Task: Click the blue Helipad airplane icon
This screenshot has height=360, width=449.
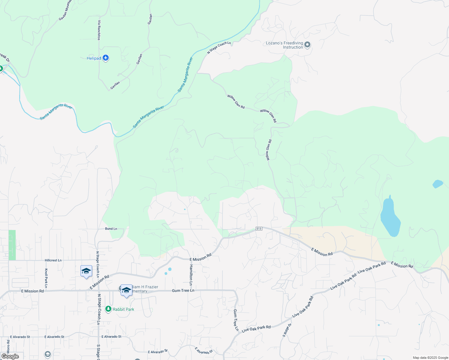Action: click(105, 58)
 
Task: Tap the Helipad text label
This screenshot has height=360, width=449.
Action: click(94, 58)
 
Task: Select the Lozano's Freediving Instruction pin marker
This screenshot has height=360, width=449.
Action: click(307, 45)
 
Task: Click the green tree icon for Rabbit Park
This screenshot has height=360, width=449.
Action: click(108, 309)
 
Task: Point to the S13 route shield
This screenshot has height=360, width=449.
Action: click(259, 229)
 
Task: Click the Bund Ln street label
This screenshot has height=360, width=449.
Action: click(111, 229)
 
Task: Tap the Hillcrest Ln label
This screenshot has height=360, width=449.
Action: click(53, 260)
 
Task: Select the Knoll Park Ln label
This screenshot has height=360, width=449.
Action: click(46, 278)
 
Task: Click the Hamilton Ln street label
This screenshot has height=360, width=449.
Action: click(191, 274)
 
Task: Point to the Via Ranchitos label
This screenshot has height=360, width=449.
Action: click(99, 30)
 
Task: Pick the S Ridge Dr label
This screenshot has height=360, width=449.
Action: click(287, 330)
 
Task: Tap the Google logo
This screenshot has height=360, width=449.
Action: click(10, 356)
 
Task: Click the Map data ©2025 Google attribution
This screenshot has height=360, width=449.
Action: click(430, 358)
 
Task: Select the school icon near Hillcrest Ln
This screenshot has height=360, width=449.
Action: click(86, 271)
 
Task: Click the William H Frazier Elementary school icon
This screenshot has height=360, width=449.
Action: click(126, 290)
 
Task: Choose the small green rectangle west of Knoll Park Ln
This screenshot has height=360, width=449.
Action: click(12, 245)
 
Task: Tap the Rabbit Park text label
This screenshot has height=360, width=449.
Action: click(123, 309)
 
